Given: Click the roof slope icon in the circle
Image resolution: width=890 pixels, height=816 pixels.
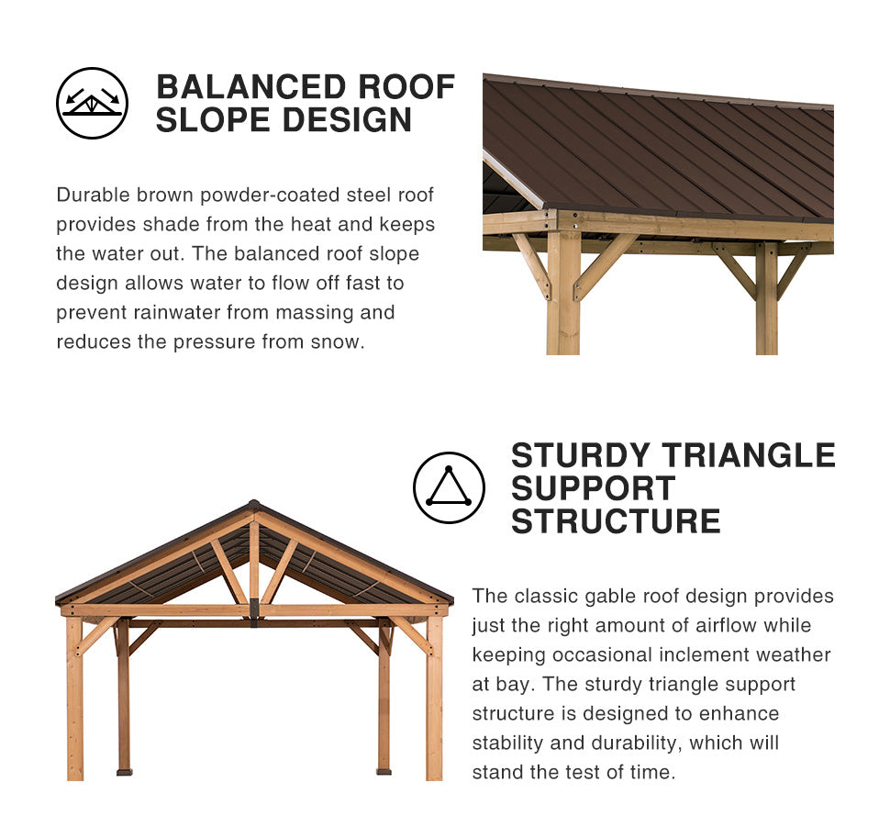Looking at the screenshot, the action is point(92,103).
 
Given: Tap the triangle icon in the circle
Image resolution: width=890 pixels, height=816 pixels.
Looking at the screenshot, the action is point(449,487).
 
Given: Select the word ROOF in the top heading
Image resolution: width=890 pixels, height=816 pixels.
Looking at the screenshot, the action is point(406,87).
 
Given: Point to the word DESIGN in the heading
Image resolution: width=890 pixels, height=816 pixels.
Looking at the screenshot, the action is point(347,120).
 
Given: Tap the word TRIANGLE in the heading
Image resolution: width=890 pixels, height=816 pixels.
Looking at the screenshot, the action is point(750,455).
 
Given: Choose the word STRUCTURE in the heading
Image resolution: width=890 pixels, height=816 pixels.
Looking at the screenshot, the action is point(616,521).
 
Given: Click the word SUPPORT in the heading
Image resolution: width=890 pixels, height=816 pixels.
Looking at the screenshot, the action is point(593,488).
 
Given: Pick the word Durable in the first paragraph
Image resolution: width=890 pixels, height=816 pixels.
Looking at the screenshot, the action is point(93,195).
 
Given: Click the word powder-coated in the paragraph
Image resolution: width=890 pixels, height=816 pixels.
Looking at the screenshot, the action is point(270,196).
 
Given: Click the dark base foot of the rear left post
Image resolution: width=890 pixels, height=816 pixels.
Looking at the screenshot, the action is point(124,772).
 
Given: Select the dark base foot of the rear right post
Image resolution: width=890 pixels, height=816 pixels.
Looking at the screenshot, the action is point(384,772).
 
